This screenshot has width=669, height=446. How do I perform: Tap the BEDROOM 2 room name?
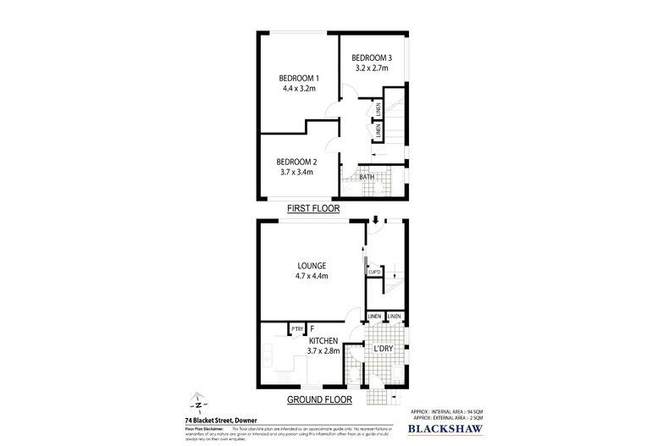(296, 161)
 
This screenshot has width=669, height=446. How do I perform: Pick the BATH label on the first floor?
(367, 177)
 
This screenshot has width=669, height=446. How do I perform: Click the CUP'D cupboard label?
(374, 272)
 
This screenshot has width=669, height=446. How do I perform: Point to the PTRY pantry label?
(297, 329)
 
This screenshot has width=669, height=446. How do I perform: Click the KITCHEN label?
(323, 340)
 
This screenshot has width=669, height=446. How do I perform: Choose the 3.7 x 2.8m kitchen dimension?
(323, 351)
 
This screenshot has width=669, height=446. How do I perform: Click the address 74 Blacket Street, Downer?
(222, 418)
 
